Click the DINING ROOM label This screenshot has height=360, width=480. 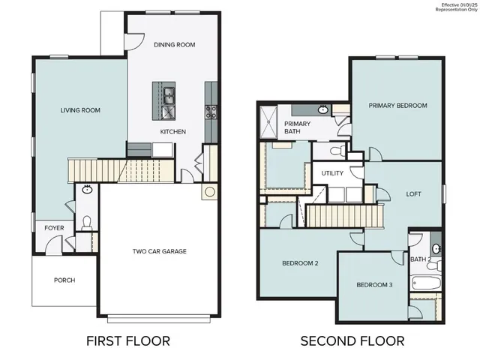click(174, 45)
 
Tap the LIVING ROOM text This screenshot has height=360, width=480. click(80, 110)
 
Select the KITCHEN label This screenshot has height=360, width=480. click(172, 132)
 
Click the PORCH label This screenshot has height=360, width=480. click(64, 280)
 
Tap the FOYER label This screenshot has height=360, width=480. click(54, 226)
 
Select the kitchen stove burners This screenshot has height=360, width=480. click(211, 112)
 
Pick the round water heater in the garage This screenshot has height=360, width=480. click(208, 191)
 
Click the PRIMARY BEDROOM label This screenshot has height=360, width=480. click(397, 106)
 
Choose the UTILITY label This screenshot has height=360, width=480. click(332, 173)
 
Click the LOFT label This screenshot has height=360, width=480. click(414, 193)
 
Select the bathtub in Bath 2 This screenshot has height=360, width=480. click(422, 284)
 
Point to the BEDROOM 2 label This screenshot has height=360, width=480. click(301, 263)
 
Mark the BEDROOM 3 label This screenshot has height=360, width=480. click(374, 285)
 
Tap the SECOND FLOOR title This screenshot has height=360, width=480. click(352, 341)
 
